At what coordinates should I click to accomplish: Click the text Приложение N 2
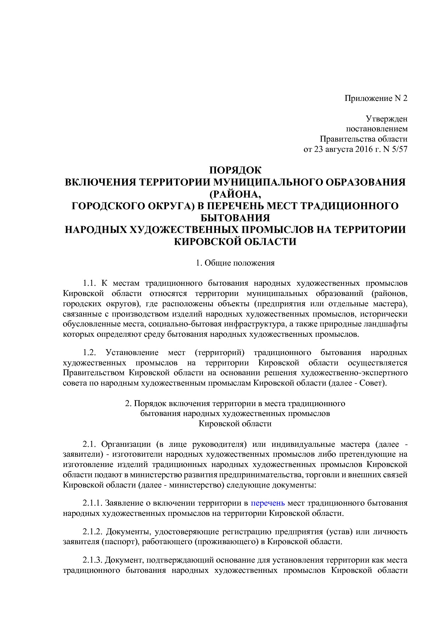point(376,98)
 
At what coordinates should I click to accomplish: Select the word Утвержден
point(387,119)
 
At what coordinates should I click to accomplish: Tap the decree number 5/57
point(400,149)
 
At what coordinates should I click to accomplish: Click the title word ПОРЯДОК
point(235,170)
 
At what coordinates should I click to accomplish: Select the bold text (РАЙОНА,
point(235,194)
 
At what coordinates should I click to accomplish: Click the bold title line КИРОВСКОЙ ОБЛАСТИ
point(235,242)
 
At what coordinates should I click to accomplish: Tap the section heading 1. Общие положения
point(235,263)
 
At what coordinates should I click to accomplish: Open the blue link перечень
point(268,503)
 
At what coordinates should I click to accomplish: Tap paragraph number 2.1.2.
point(93,532)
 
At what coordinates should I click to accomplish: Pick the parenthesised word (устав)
point(338,532)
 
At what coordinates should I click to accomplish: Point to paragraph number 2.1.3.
point(93,560)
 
